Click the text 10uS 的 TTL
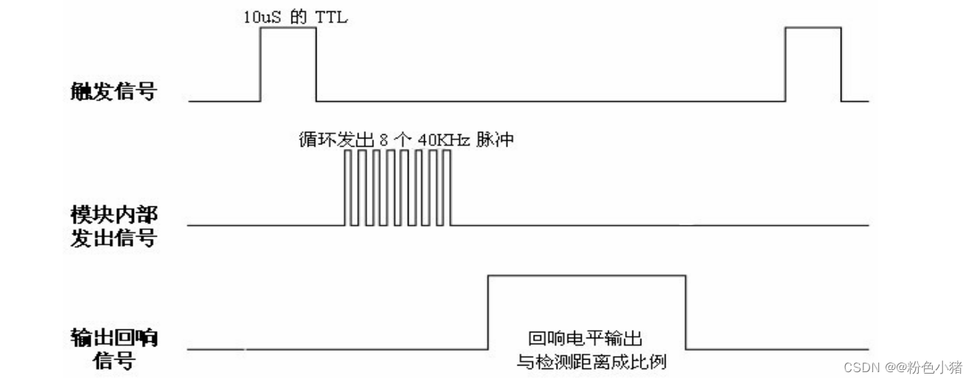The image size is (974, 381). [x=295, y=17]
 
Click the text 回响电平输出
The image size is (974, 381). [x=586, y=340]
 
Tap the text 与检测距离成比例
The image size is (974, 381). [x=593, y=363]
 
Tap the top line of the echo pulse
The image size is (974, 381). [x=587, y=276]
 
